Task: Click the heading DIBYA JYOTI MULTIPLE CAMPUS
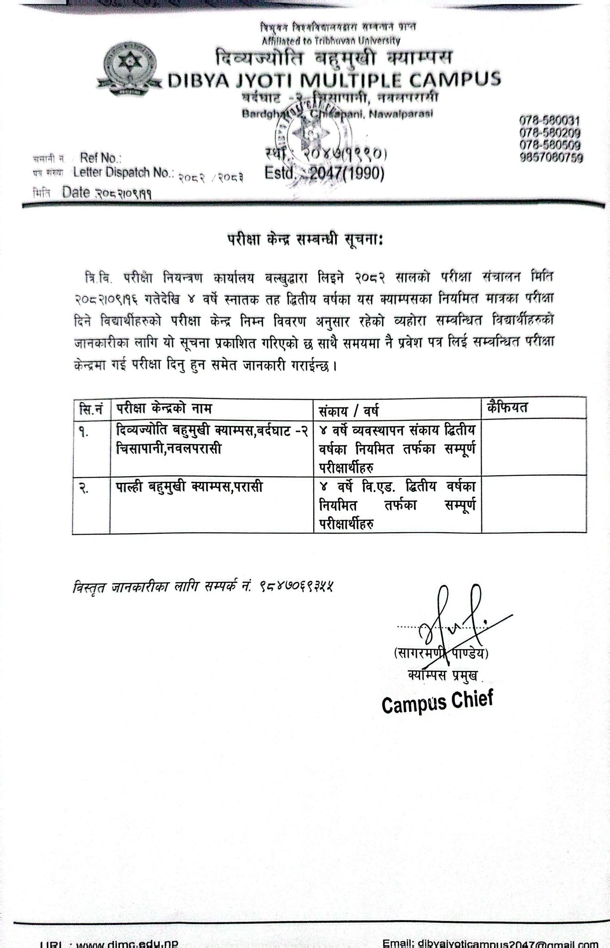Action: [x=334, y=80]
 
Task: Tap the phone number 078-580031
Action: [x=549, y=121]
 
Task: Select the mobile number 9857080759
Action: [x=551, y=158]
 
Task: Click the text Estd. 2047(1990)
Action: [x=324, y=174]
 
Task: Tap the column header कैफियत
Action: [x=508, y=408]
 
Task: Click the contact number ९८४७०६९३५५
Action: [x=297, y=586]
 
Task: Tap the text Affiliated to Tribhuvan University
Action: [x=330, y=40]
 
